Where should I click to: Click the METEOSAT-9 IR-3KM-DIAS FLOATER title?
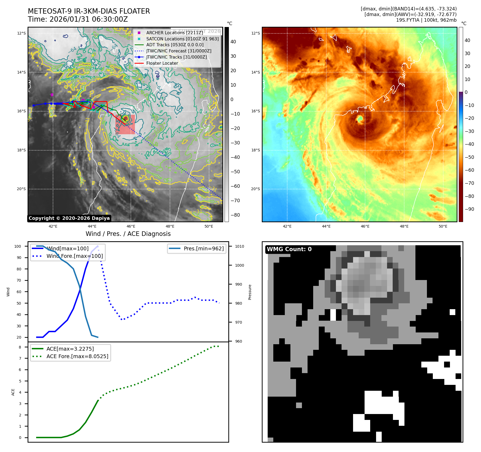pos(89,11)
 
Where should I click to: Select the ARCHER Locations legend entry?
pos(175,33)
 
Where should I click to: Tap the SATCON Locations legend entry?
pos(182,39)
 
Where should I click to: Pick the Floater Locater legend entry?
pos(162,63)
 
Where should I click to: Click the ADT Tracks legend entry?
pos(175,45)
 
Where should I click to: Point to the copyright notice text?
pos(69,218)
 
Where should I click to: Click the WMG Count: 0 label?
pos(289,249)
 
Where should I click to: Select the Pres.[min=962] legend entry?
pos(203,248)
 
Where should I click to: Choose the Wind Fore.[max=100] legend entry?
pos(74,256)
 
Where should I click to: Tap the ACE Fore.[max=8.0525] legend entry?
pos(77,356)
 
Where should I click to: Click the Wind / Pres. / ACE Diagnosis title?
pos(128,234)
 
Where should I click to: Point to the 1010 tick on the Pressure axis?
pos(240,246)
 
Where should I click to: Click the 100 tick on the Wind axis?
pos(18,246)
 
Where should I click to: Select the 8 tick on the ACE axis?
pos(20,347)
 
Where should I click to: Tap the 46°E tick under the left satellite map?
pos(131,226)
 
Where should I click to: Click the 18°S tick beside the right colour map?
pos(255,150)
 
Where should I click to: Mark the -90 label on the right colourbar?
pos(469,209)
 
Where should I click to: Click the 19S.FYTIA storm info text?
pos(426,20)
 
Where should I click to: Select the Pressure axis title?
pos(250,292)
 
